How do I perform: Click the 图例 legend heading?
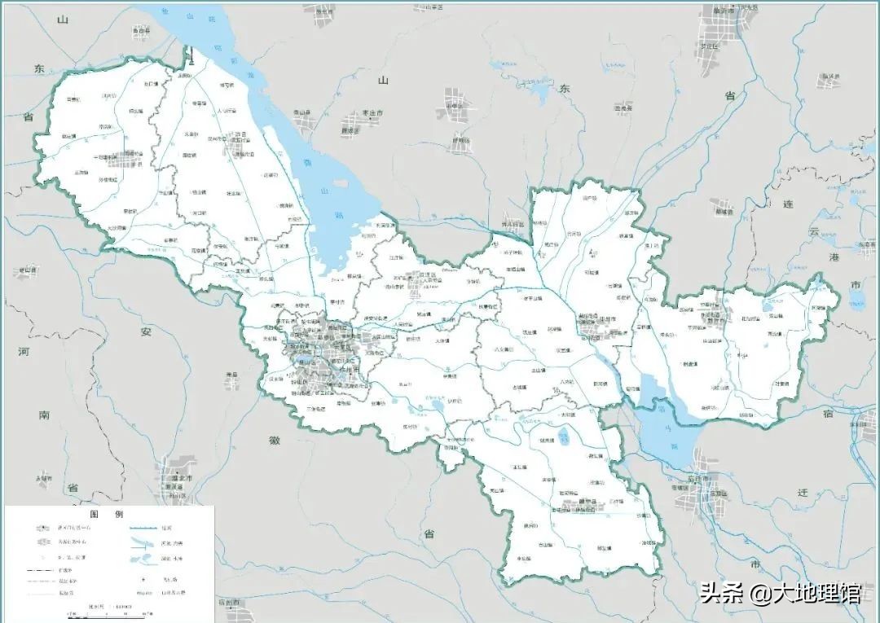tap(106, 515)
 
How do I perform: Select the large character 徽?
tap(275, 440)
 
